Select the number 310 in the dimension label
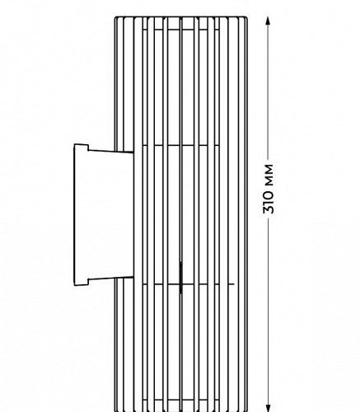269,202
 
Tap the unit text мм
269,175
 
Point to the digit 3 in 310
269,210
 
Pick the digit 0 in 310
269,195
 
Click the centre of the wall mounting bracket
104,215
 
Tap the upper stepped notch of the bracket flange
88,147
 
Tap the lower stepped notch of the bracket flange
88,283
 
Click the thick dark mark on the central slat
180,278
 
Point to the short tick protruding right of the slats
230,284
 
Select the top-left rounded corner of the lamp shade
115,18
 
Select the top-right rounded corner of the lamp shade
246,18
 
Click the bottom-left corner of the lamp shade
115,411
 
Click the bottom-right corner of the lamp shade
246,411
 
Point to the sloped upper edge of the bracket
111,151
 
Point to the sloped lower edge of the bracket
111,278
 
